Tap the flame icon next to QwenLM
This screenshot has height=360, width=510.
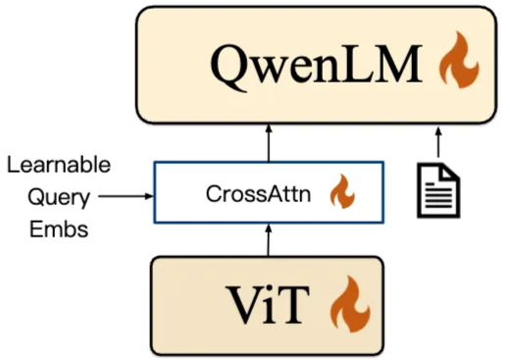pos(457,64)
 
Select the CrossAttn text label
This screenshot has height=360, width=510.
pos(258,193)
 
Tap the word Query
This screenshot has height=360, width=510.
pos(58,196)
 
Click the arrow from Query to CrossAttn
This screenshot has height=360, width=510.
pos(127,196)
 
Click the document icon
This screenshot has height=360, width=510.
pos(438,191)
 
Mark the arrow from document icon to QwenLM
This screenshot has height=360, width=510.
pos(438,144)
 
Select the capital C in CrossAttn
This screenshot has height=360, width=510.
pos(212,193)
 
